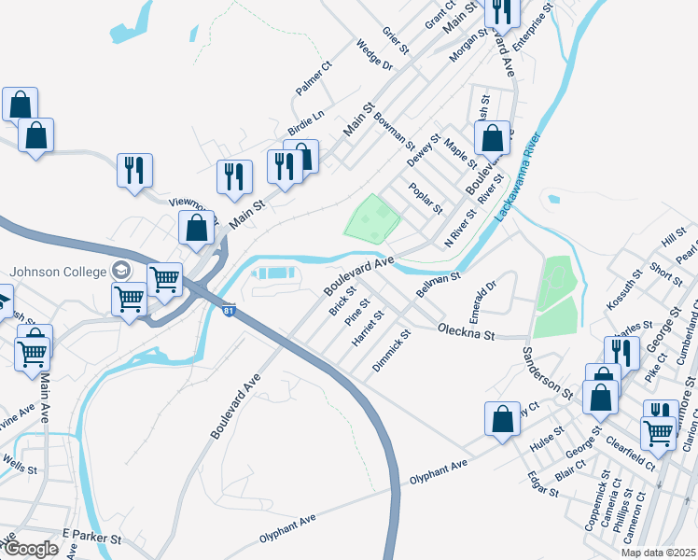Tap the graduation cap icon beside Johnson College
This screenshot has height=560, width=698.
120,271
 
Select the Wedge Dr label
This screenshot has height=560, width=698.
373,55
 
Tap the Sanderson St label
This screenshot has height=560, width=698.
547,371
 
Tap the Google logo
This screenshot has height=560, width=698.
30,549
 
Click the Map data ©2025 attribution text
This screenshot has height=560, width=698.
658,553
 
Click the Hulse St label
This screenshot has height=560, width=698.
547,440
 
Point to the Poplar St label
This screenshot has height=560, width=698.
426,197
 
